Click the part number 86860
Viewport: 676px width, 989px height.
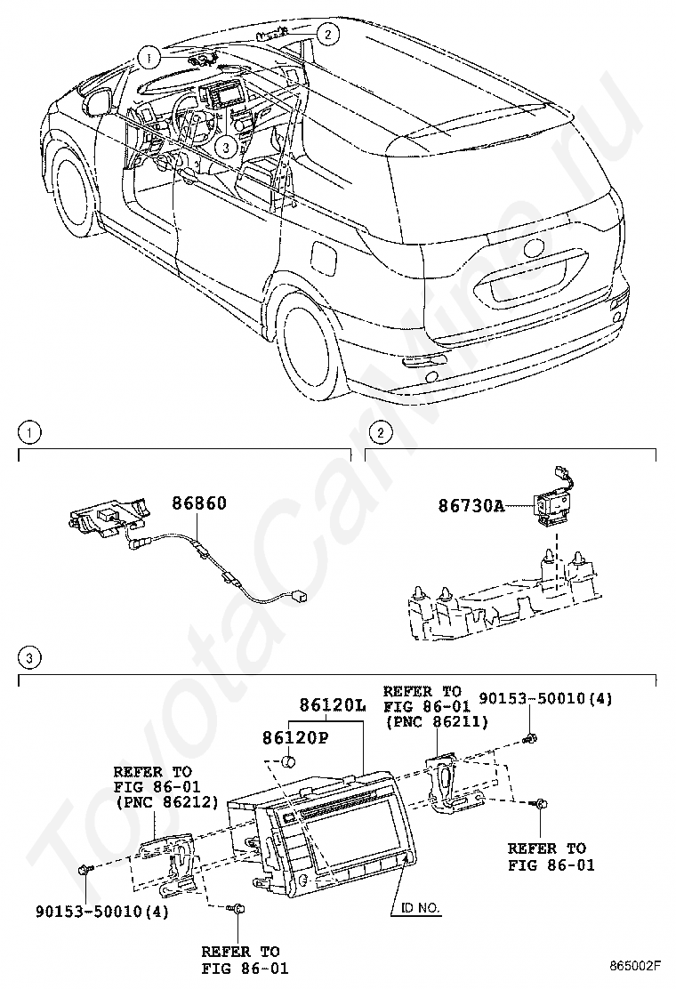pyautogui.click(x=199, y=503)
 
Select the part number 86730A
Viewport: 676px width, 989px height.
pyautogui.click(x=471, y=506)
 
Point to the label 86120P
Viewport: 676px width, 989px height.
pyautogui.click(x=295, y=737)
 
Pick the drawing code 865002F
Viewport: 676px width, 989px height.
pyautogui.click(x=636, y=964)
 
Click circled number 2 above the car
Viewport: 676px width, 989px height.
pyautogui.click(x=328, y=35)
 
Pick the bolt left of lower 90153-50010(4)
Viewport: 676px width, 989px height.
pyautogui.click(x=84, y=869)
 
